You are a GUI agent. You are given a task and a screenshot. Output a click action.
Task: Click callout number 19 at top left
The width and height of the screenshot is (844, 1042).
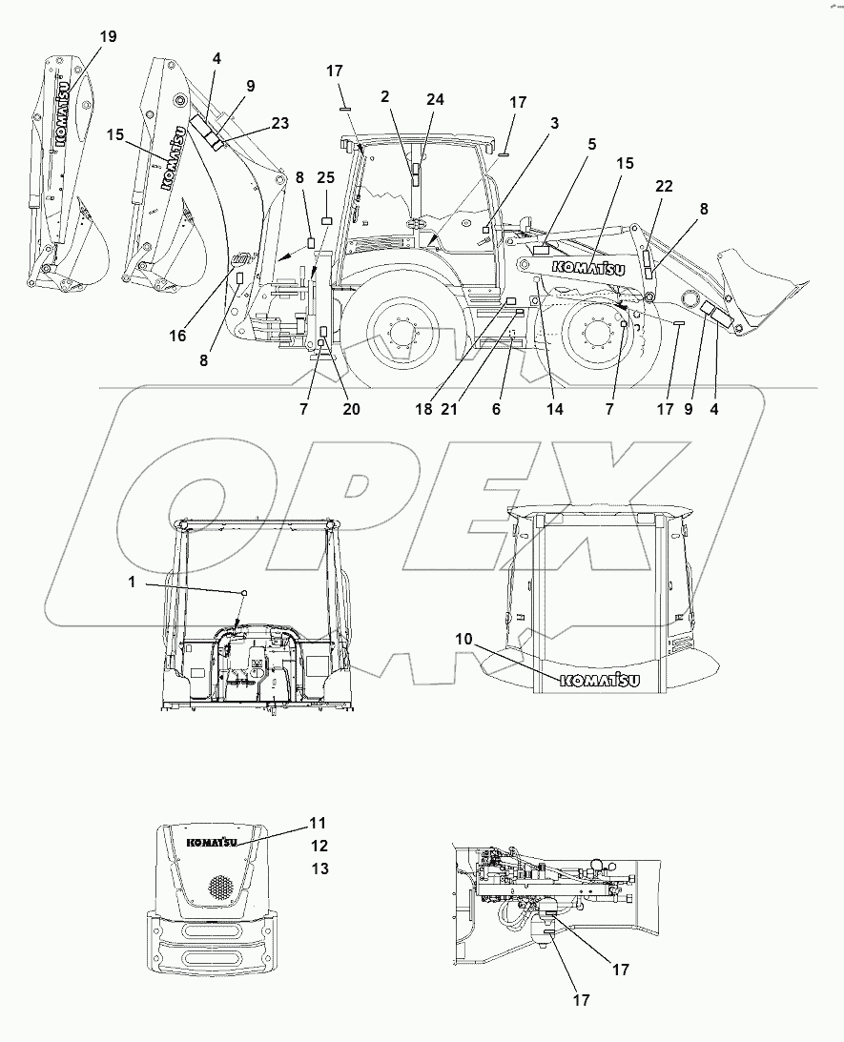pyautogui.click(x=108, y=36)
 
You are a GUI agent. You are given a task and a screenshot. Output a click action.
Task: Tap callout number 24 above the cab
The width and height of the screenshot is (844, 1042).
pyautogui.click(x=435, y=98)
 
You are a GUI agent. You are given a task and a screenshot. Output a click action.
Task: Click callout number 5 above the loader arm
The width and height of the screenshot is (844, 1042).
pyautogui.click(x=591, y=145)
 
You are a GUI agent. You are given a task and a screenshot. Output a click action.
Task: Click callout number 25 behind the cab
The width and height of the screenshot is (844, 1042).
pyautogui.click(x=325, y=178)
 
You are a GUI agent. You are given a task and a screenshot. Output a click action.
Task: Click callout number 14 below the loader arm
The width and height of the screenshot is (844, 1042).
pyautogui.click(x=554, y=410)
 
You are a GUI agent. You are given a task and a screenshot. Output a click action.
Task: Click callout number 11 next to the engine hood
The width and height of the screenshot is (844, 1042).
pyautogui.click(x=318, y=822)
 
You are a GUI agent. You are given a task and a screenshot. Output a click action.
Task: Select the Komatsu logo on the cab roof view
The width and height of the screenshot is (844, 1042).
pyautogui.click(x=598, y=680)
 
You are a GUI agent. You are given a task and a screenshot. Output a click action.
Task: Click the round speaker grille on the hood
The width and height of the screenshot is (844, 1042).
pyautogui.click(x=221, y=887)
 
